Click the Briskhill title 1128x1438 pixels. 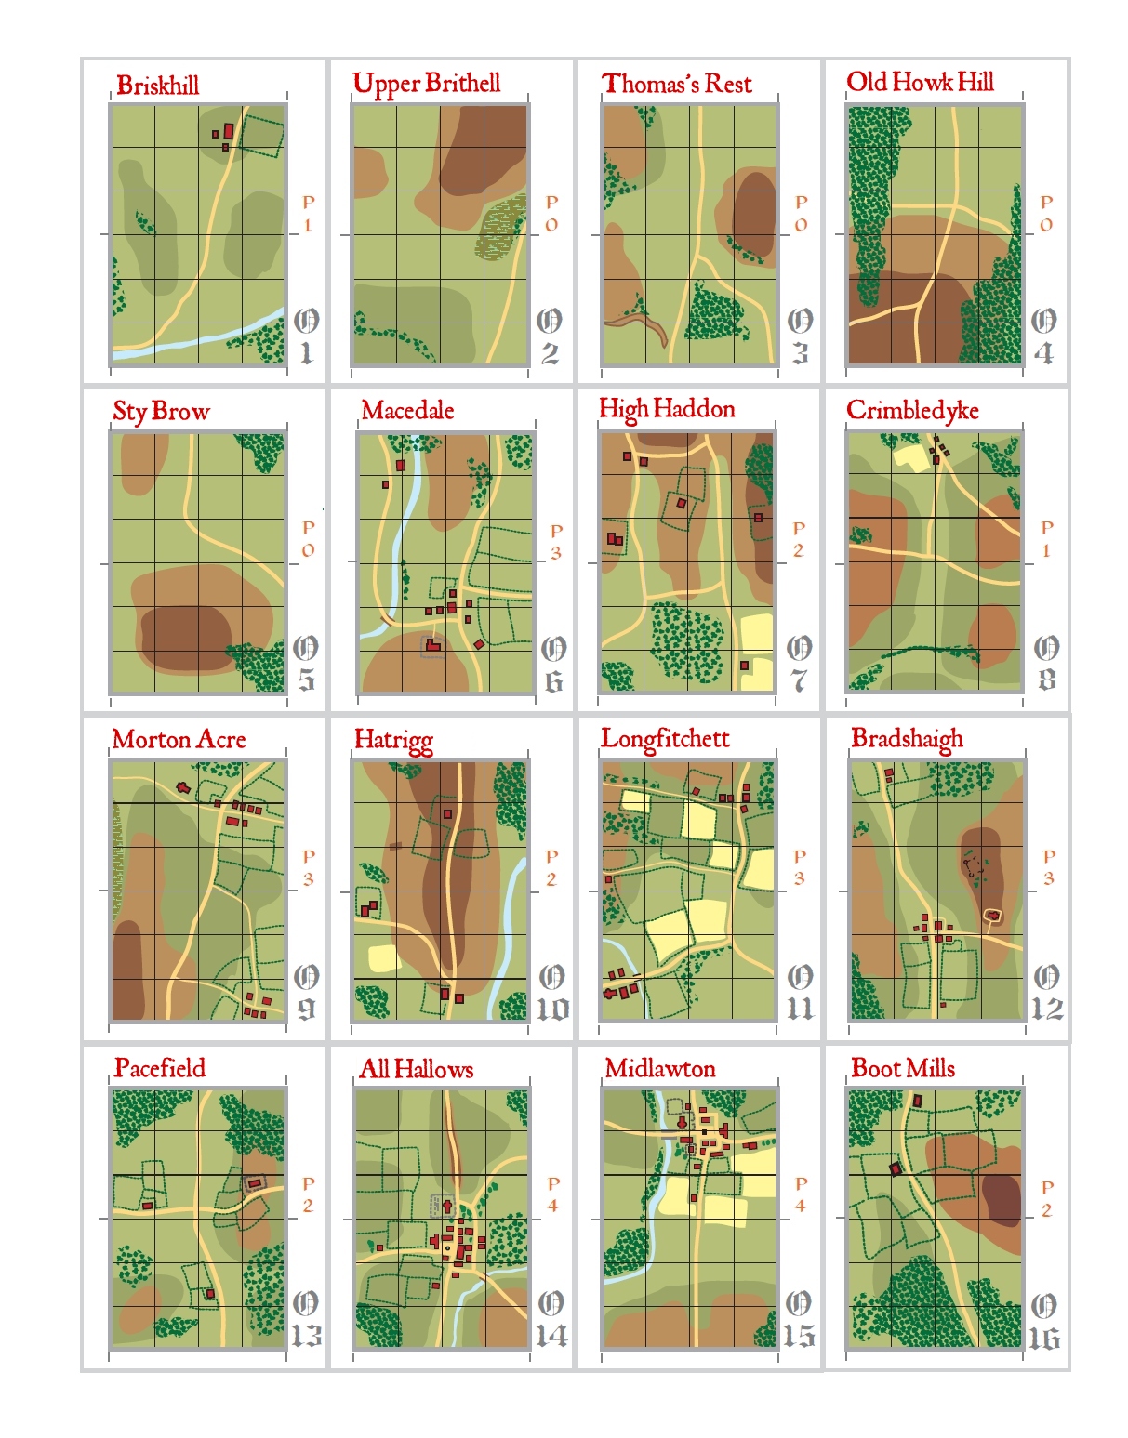[157, 86]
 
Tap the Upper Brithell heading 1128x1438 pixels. [426, 84]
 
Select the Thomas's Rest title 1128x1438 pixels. [676, 84]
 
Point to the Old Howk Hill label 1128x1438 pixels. [920, 82]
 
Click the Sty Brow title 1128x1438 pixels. [161, 411]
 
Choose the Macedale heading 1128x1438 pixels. [407, 410]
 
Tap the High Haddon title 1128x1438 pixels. [667, 409]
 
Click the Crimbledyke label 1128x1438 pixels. [912, 410]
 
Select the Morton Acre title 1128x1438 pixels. [179, 739]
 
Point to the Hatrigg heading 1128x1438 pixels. [393, 740]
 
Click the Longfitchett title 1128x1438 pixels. [665, 738]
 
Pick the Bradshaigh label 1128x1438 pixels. [907, 738]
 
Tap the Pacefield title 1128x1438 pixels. [159, 1067]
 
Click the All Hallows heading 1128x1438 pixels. [416, 1069]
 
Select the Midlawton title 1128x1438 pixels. [660, 1068]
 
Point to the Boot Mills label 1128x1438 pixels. [903, 1068]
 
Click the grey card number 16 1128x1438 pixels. [1043, 1339]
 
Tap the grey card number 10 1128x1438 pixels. [552, 1009]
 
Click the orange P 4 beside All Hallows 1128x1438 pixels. [553, 1194]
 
